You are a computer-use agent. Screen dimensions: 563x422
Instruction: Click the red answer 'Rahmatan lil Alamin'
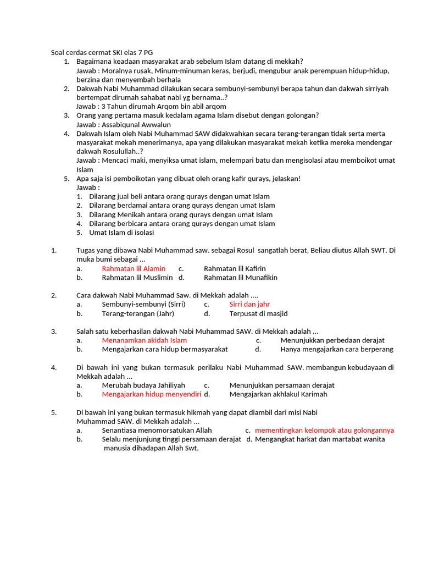134,268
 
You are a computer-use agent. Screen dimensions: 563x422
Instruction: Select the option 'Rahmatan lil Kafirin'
235,268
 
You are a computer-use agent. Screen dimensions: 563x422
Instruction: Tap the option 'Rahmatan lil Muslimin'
137,278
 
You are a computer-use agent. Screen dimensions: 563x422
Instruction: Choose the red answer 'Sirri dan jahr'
249,304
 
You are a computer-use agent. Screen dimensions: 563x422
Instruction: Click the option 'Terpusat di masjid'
258,313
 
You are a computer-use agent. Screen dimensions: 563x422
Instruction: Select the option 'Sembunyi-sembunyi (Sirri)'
143,304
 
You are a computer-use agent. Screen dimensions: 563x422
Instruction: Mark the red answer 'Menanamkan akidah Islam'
144,340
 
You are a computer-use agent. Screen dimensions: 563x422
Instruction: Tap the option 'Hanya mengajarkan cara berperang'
337,349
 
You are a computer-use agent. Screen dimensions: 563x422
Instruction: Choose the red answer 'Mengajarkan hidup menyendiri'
152,394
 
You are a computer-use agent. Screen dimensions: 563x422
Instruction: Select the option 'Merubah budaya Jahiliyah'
143,385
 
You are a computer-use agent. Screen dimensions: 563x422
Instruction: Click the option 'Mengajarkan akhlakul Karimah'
278,394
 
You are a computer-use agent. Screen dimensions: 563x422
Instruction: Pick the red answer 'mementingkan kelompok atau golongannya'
324,430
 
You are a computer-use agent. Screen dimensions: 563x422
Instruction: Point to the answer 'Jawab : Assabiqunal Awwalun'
124,125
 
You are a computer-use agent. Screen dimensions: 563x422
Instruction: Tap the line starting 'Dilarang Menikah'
181,214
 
